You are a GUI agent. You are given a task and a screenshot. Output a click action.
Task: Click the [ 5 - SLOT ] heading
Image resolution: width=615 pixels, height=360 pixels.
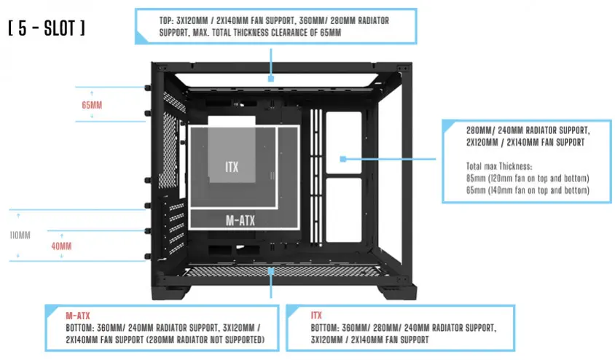(47, 30)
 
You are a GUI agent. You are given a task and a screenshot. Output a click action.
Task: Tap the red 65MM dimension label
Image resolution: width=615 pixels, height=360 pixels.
(92, 105)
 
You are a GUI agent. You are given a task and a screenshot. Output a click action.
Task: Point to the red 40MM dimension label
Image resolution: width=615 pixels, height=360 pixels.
(61, 246)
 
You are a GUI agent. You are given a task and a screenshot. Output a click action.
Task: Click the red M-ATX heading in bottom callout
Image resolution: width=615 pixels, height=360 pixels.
(78, 316)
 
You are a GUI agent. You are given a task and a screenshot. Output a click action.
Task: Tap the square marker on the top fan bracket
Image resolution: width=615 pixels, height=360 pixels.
(270, 77)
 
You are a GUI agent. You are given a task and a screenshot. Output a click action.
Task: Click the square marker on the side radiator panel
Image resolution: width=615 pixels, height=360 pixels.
(342, 158)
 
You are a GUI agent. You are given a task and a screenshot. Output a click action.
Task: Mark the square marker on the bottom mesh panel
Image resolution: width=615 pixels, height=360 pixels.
(271, 271)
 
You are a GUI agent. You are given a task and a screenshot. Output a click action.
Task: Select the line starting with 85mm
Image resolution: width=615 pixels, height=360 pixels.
(527, 179)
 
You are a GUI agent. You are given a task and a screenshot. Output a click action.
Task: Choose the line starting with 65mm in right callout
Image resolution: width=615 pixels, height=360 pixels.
(527, 190)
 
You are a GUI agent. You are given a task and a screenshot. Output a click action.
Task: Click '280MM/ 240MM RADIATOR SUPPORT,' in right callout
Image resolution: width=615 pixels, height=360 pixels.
(527, 130)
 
